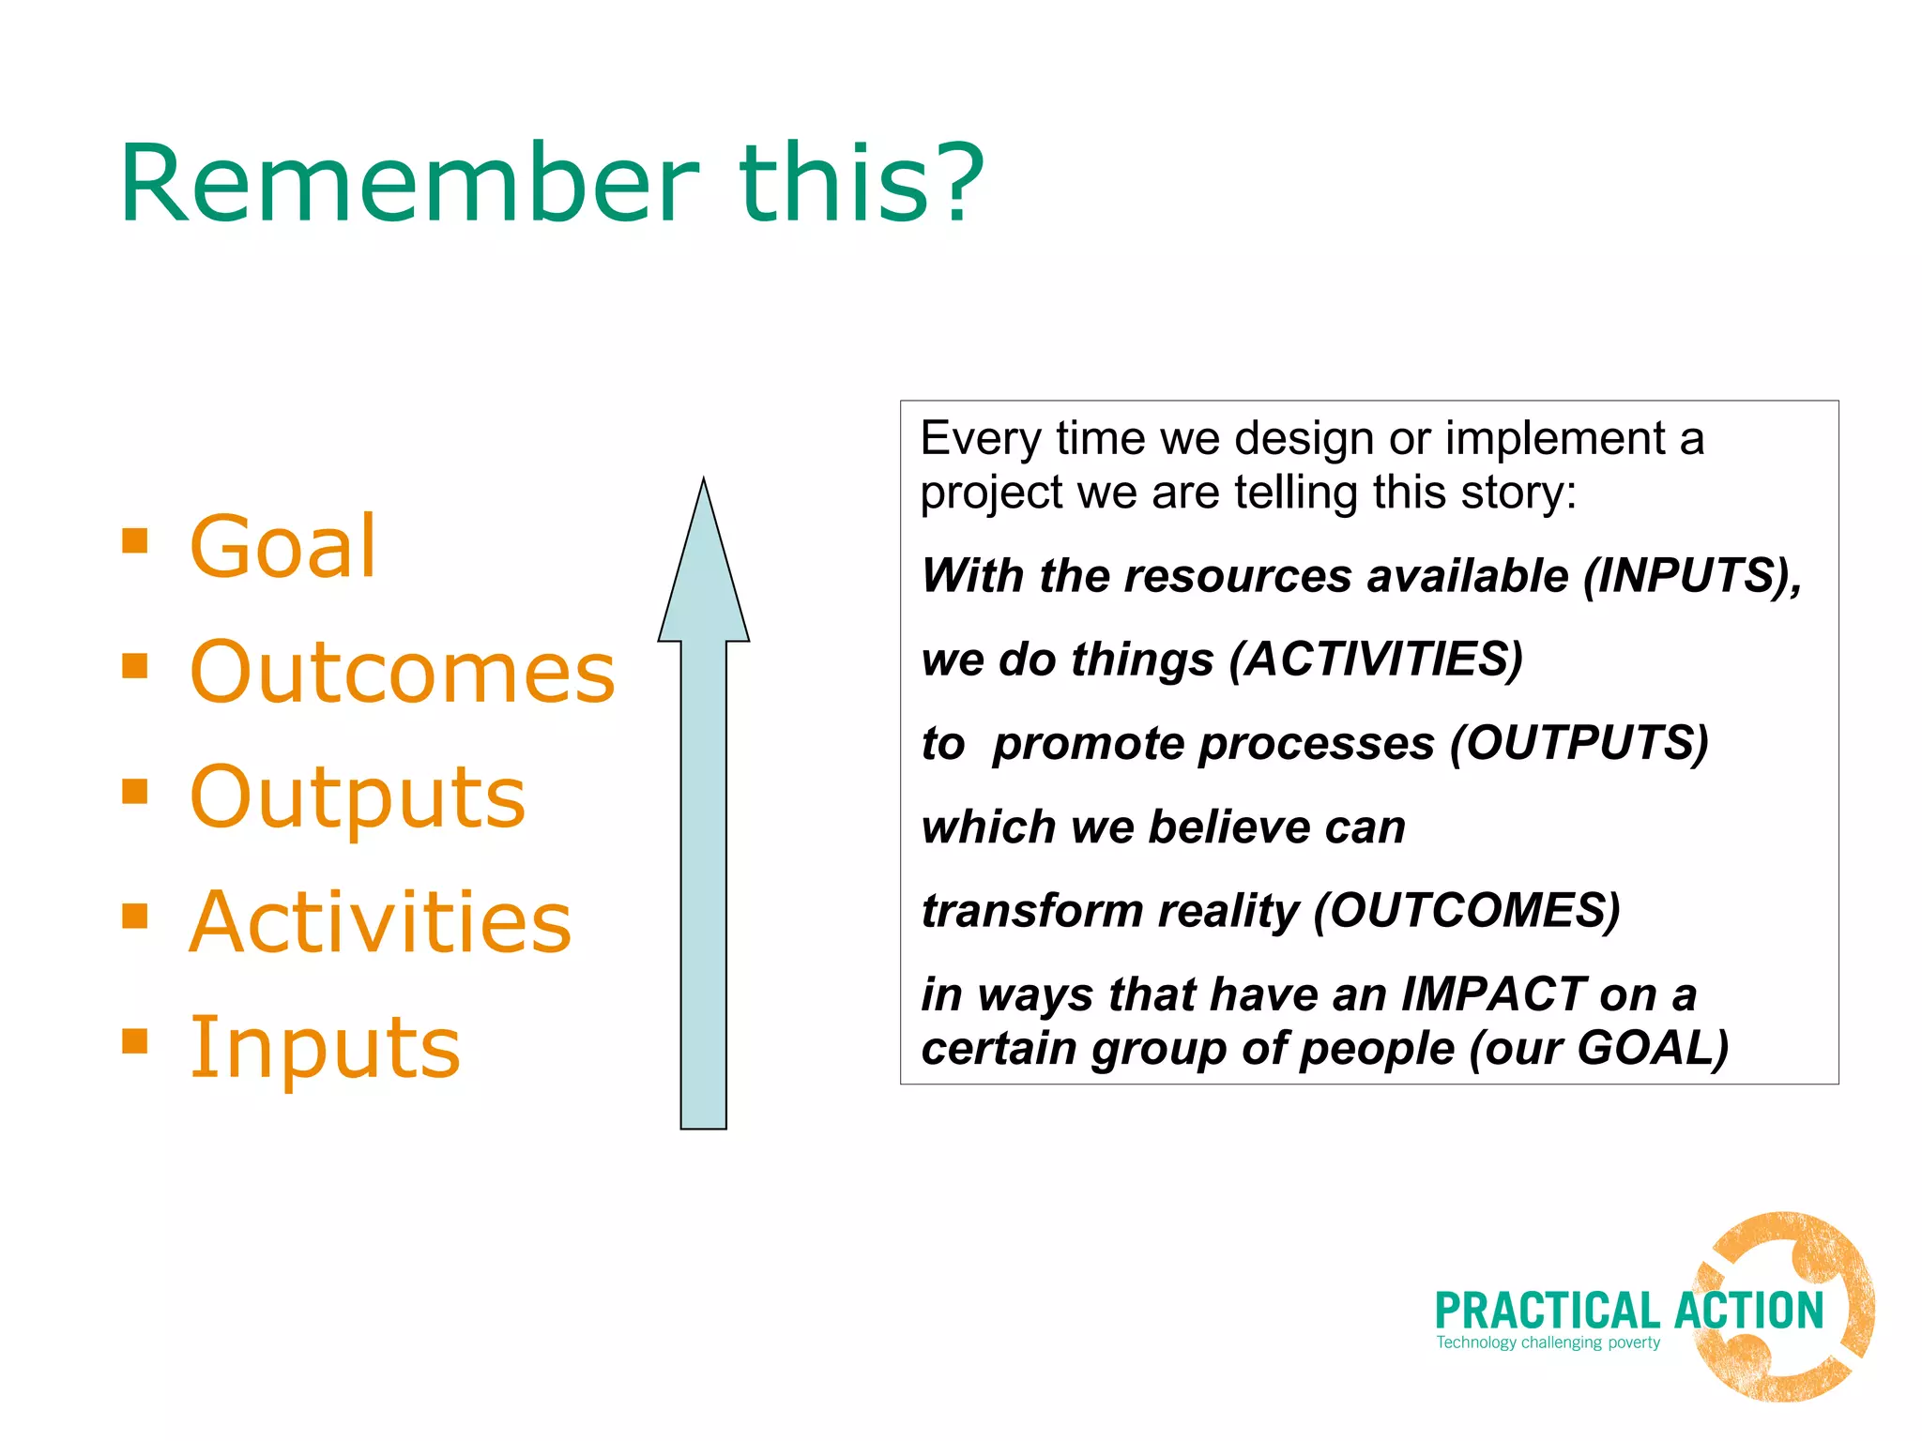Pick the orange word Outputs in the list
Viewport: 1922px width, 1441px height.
(x=357, y=797)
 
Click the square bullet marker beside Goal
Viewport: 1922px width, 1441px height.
(x=135, y=541)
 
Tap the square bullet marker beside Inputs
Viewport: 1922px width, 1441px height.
(x=135, y=1041)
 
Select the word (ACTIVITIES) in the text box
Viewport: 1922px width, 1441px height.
(x=1376, y=659)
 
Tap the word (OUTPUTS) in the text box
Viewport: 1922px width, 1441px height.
(x=1579, y=743)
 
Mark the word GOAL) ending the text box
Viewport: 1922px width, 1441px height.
(x=1652, y=1048)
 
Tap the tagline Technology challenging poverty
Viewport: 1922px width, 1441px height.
(x=1548, y=1342)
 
